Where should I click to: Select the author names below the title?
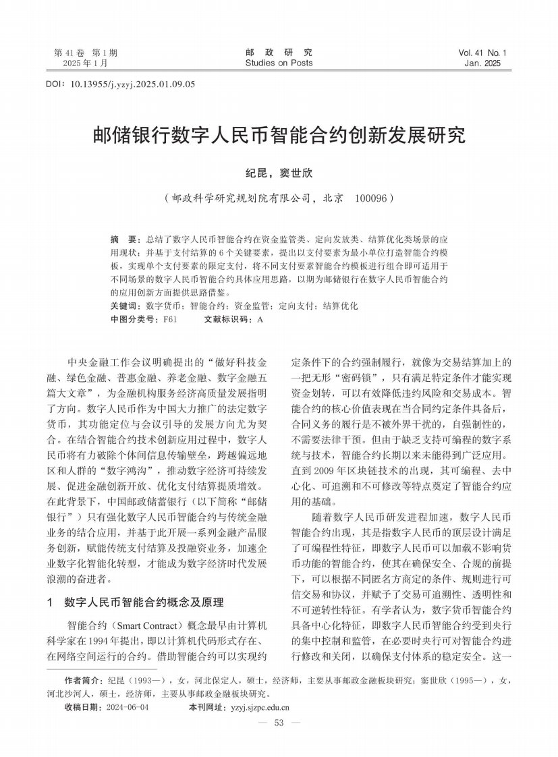[279, 174]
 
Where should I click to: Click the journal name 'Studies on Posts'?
[279, 63]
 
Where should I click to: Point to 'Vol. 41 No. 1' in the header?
[482, 53]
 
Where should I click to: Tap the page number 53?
[279, 723]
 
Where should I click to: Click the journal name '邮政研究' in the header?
[279, 52]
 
